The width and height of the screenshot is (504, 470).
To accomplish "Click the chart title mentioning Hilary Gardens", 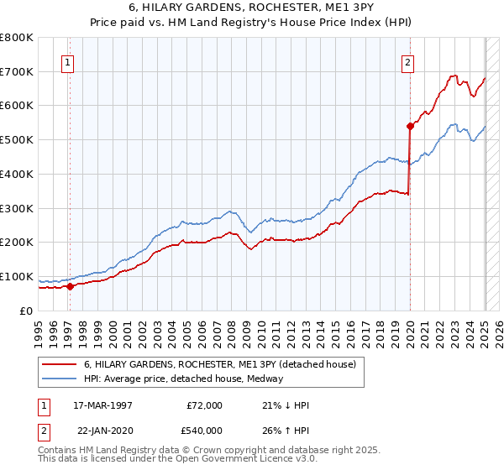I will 251,8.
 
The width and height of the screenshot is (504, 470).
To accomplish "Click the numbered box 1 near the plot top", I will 66,61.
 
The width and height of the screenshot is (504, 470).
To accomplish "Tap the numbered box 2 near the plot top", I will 407,61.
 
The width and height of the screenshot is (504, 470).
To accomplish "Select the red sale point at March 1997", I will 71,286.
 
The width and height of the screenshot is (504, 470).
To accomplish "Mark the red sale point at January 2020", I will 410,126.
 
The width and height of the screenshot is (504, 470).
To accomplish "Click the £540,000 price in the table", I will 204,430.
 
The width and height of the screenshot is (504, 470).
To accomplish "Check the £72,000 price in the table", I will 204,405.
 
